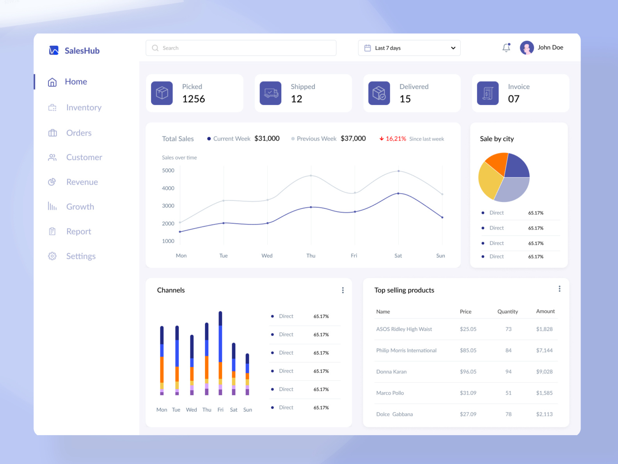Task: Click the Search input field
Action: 241,48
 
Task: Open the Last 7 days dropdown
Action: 409,48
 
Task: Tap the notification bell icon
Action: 506,48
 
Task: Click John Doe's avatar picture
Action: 527,48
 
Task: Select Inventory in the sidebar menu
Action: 83,107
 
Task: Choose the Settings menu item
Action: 81,256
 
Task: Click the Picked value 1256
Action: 194,99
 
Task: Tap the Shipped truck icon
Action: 270,93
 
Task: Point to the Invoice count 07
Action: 513,99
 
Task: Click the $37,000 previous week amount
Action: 353,139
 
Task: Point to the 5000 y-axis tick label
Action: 168,171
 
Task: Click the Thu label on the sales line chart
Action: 311,256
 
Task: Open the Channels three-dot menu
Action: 343,290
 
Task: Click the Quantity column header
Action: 508,312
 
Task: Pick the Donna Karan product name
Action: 391,372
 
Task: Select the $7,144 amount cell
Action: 544,350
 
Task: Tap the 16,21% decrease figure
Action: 396,139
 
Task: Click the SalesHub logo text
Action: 82,51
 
